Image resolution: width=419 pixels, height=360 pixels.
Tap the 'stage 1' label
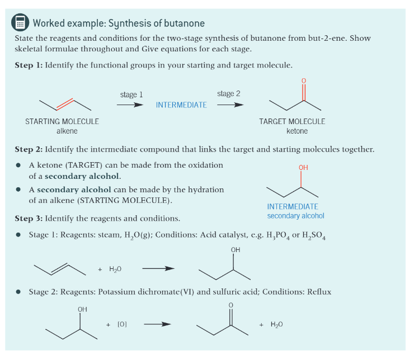(131, 94)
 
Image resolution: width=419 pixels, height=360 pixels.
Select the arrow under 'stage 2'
(230, 104)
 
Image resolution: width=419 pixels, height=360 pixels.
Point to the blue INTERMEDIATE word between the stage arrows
(181, 105)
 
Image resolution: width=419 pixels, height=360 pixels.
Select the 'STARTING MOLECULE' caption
(62, 121)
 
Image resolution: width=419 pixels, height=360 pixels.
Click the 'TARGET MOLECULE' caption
(292, 121)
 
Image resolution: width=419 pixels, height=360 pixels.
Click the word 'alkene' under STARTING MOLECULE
(67, 131)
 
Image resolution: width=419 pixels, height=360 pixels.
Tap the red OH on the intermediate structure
(303, 168)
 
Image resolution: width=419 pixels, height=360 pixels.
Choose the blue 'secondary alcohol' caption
(295, 216)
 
